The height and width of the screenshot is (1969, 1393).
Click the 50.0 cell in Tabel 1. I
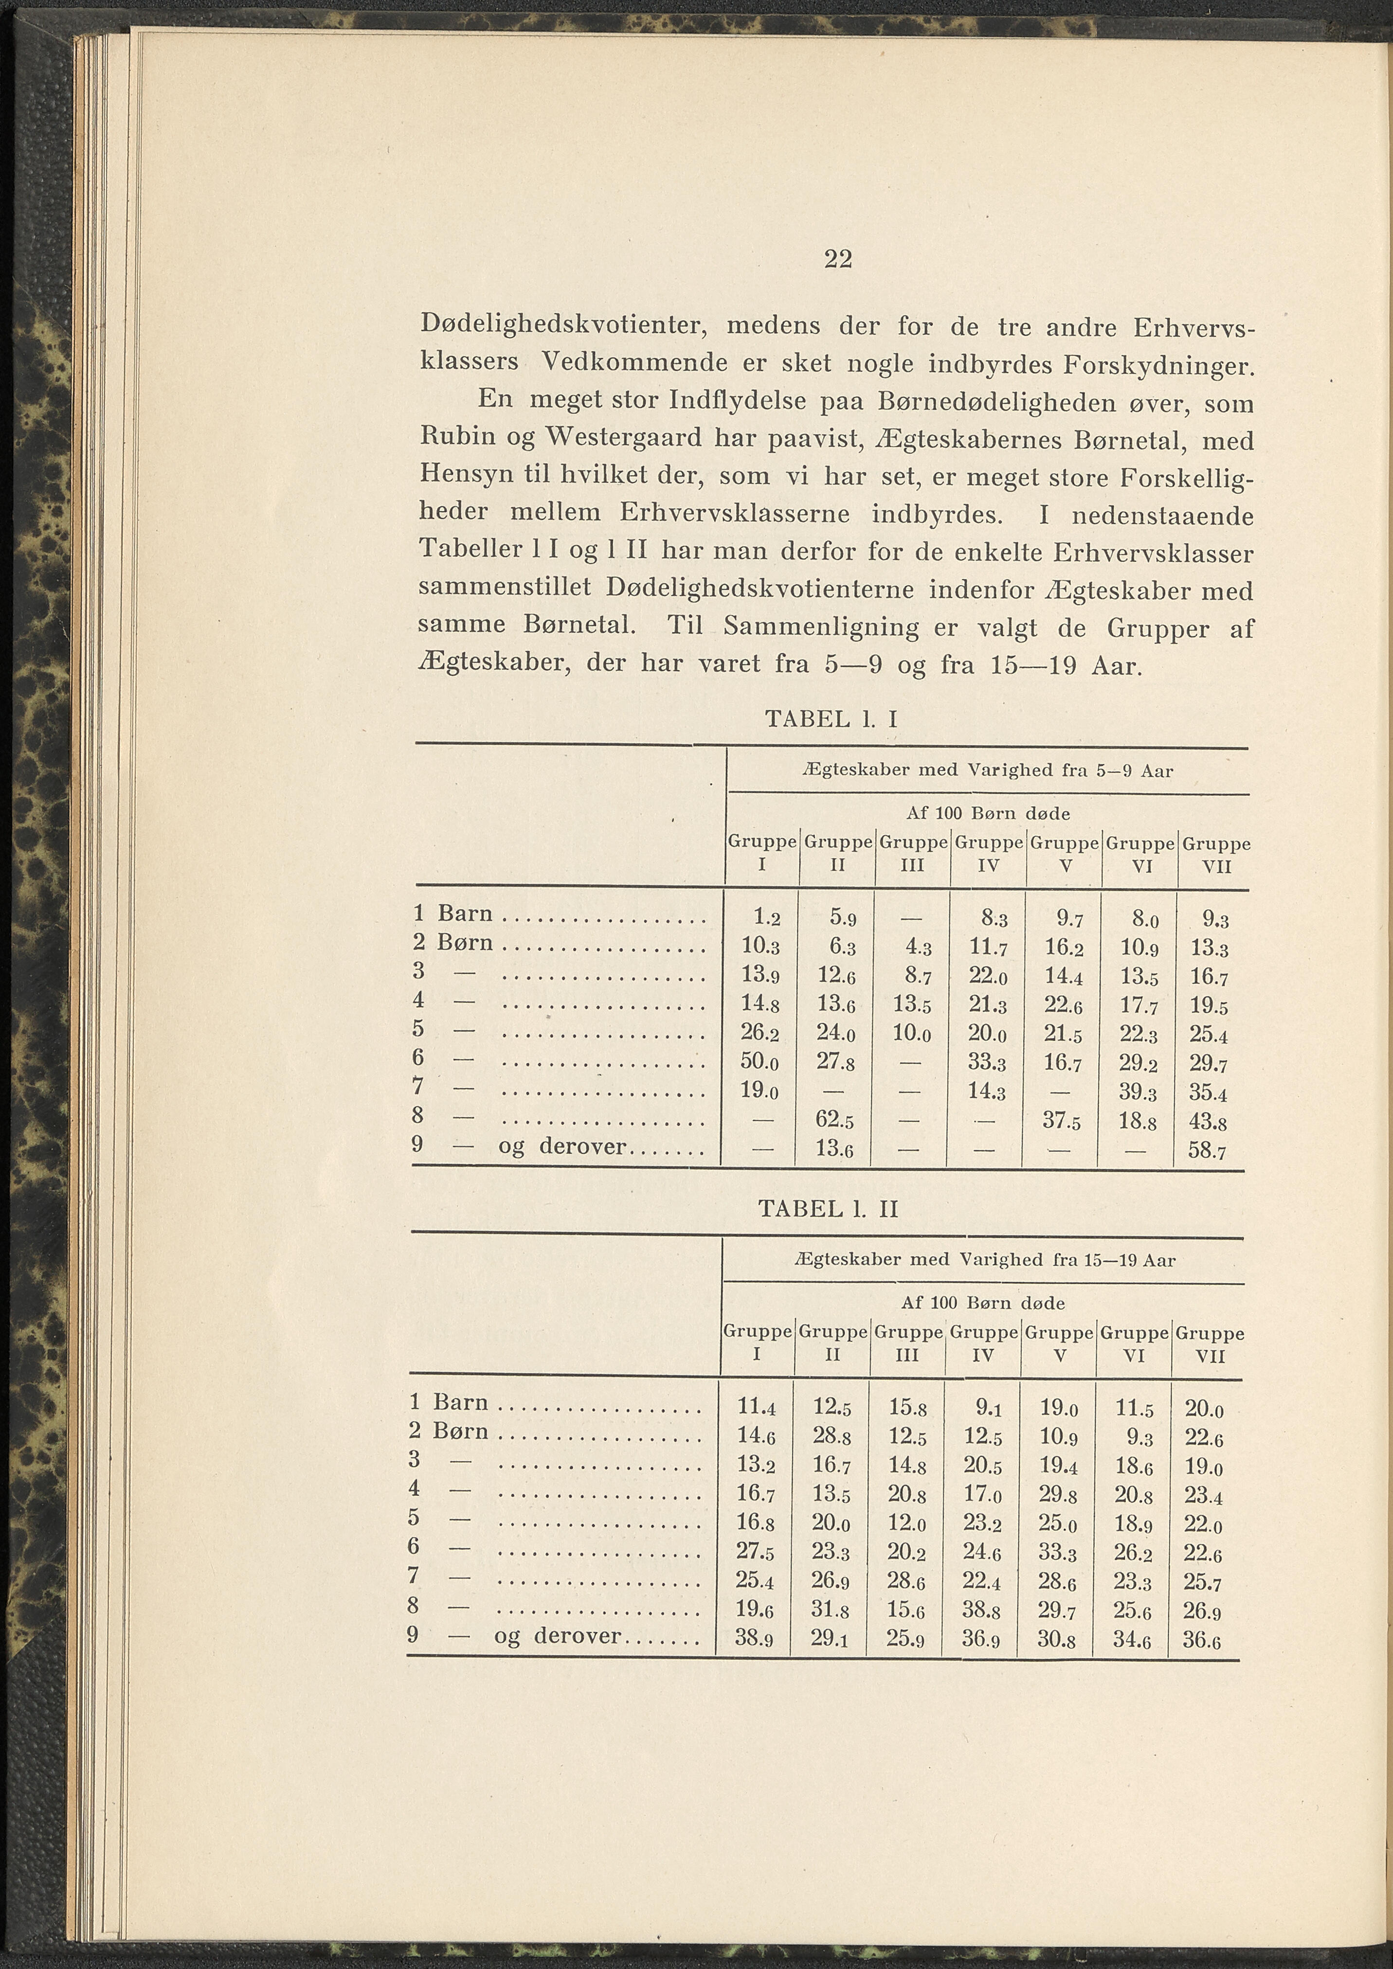click(759, 1062)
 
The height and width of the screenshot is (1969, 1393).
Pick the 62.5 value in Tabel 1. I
click(834, 1121)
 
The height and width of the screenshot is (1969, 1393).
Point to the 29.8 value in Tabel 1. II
click(1058, 1495)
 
